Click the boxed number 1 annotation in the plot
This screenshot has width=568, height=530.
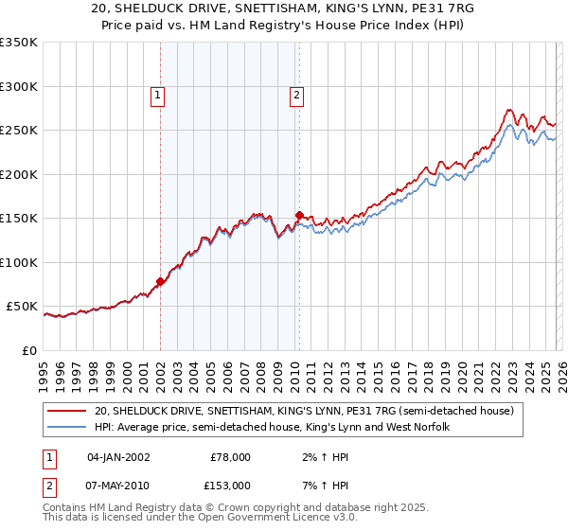click(x=157, y=95)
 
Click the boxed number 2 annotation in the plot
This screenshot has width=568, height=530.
click(x=297, y=95)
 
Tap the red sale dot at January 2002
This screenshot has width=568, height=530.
click(x=161, y=281)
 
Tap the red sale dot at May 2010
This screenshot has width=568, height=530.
click(x=299, y=216)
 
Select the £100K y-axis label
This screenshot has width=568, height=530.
click(x=19, y=262)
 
